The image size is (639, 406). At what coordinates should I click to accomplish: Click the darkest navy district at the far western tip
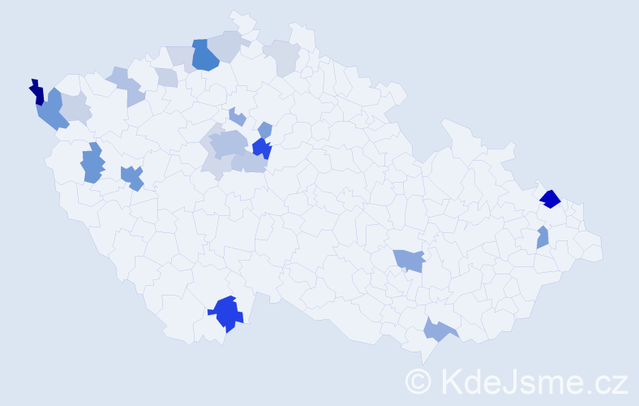36,93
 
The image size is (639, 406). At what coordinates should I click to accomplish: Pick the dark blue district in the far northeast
550,198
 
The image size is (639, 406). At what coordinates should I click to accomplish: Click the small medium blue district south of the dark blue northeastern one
543,238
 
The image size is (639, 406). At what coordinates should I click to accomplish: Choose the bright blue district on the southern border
226,313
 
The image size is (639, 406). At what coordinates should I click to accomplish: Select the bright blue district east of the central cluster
261,149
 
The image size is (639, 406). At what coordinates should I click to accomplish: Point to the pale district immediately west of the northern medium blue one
180,55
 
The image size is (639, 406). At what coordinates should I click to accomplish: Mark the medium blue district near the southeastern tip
437,329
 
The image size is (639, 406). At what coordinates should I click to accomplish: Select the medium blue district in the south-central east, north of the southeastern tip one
410,260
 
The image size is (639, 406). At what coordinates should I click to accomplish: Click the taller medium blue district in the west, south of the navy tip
92,163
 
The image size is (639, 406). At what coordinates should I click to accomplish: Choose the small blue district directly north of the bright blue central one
264,129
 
